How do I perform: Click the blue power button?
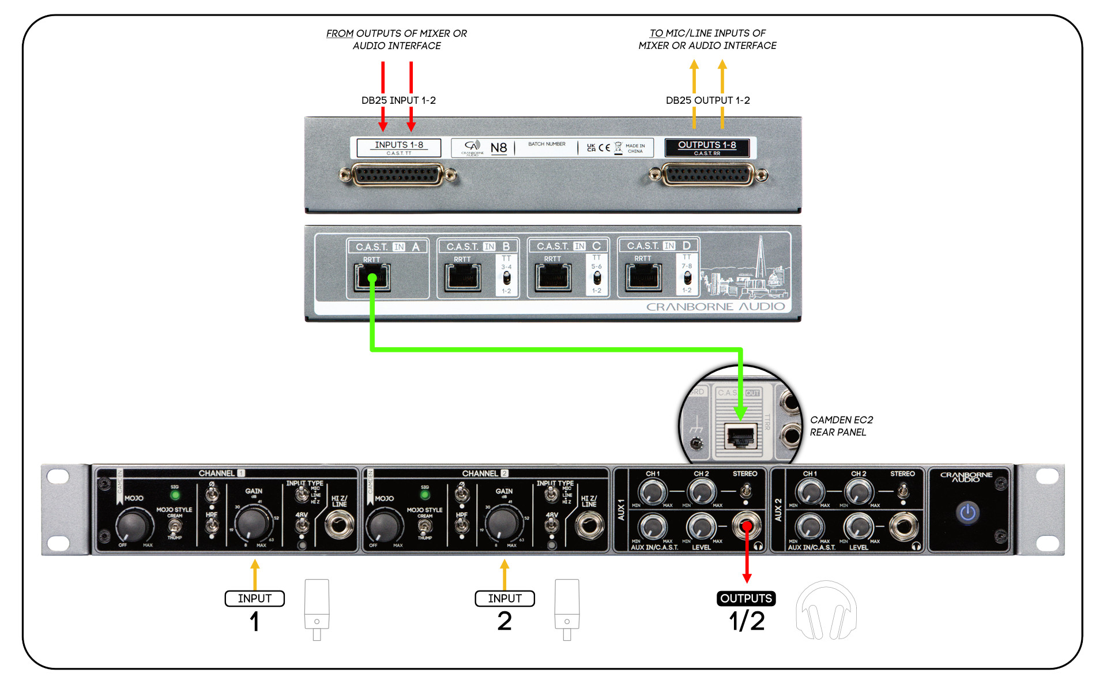(967, 512)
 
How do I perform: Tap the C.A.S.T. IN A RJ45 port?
(372, 277)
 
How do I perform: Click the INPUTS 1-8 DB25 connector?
(398, 175)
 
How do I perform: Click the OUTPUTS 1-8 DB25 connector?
(707, 175)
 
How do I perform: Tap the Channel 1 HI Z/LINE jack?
(340, 525)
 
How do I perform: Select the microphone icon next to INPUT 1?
(317, 608)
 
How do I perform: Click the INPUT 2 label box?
(504, 599)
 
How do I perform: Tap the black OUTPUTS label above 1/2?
(746, 599)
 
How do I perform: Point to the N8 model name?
(498, 148)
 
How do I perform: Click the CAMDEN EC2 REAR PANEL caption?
(841, 426)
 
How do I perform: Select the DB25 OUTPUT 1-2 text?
(707, 100)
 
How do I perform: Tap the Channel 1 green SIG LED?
(175, 495)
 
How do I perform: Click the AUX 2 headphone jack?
(903, 527)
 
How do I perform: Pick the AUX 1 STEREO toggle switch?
(745, 491)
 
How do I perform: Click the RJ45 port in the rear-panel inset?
(740, 437)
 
